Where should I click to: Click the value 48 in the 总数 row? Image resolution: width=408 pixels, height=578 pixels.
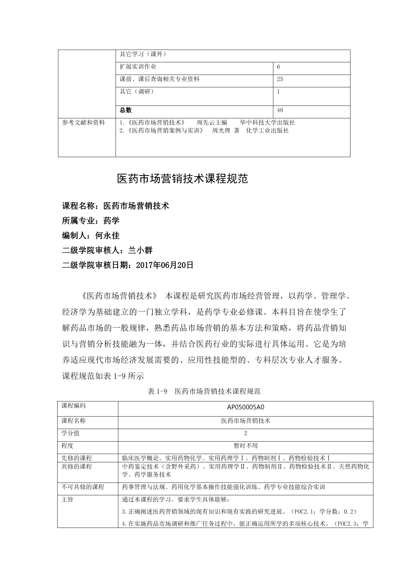point(280,110)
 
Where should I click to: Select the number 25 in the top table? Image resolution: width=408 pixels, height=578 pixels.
point(280,79)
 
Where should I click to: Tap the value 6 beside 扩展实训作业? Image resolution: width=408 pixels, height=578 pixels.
point(278,67)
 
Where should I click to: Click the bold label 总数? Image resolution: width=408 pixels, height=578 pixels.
point(126,110)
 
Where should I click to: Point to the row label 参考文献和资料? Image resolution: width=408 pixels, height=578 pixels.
point(84,123)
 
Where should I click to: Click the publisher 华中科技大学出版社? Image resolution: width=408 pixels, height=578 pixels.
point(267,123)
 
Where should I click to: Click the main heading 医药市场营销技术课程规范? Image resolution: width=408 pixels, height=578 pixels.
point(183,179)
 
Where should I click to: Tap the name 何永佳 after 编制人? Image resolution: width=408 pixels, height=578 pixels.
point(107,235)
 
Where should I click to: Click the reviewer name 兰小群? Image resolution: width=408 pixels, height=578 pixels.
point(140,250)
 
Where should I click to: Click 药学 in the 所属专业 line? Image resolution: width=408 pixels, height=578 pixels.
point(111,220)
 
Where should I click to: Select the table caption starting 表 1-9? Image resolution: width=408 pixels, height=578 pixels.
point(204,391)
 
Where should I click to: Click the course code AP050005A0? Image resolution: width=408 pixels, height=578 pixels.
point(245,407)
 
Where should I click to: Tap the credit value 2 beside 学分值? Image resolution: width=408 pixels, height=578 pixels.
point(245,433)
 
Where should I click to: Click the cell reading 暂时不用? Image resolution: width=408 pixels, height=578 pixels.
point(245,446)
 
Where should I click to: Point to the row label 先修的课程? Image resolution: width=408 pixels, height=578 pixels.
point(77,458)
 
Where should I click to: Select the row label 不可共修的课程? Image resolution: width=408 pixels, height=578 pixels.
point(83,487)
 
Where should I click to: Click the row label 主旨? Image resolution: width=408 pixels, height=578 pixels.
point(67,500)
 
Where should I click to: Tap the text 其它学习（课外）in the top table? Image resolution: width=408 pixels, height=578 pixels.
point(143,54)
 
